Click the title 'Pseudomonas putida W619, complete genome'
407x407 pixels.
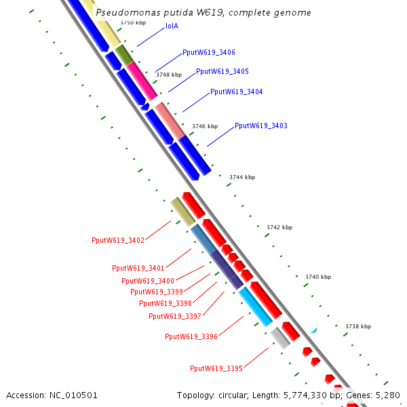[x=203, y=12]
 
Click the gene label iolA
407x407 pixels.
[x=172, y=26]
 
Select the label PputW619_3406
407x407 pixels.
[x=209, y=53]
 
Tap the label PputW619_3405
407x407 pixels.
[x=222, y=72]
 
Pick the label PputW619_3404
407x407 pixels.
[x=237, y=92]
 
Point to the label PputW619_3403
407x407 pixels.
[x=261, y=126]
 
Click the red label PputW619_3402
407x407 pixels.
[x=118, y=241]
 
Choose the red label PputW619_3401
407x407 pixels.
[x=138, y=269]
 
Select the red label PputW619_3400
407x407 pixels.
[x=148, y=281]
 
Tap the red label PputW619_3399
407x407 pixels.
[x=157, y=292]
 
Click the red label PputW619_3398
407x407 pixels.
[x=166, y=304]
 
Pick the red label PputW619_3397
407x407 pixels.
[x=175, y=316]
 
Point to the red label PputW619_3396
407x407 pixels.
[x=191, y=336]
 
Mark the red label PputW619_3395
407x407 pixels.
[x=216, y=369]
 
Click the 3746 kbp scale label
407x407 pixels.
[x=205, y=126]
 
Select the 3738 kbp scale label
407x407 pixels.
[x=357, y=326]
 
